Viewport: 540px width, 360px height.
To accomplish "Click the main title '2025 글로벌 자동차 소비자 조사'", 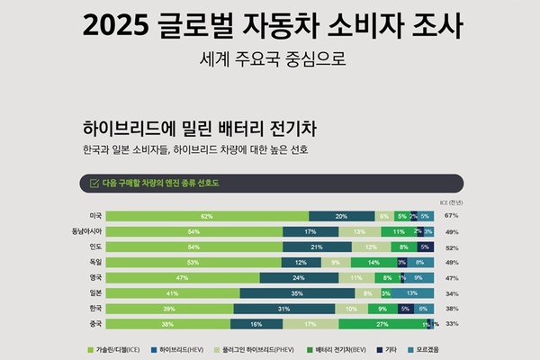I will (270, 26).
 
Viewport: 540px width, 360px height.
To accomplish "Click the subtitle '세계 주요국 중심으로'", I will (270, 62).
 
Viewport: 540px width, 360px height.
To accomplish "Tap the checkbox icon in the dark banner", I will (93, 184).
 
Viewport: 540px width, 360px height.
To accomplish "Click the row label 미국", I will (94, 216).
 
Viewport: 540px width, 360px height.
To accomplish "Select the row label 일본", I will (94, 292).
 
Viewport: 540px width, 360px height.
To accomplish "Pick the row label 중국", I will (94, 322).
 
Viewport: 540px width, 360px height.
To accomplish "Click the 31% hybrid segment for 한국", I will (282, 307).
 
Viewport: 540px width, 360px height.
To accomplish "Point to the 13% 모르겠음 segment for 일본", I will (410, 292).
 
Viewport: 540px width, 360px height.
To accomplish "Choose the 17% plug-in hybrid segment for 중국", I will (311, 322).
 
